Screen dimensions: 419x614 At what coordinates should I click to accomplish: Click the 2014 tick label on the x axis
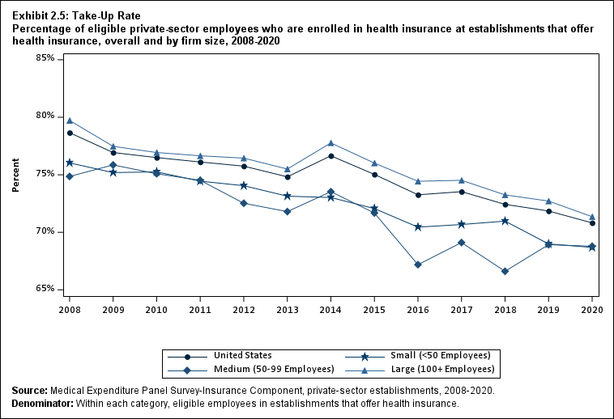(330, 308)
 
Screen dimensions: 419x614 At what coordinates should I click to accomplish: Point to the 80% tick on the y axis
(44, 116)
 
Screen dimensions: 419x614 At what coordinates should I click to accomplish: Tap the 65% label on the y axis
(44, 289)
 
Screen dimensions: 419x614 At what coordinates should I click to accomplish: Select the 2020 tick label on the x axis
(591, 308)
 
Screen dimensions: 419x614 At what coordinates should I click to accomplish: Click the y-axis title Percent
(16, 174)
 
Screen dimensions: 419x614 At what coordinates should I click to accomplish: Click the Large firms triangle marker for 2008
(70, 121)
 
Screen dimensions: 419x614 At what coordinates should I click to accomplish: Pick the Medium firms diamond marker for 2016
(417, 265)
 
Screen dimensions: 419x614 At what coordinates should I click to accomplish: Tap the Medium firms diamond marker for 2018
(505, 271)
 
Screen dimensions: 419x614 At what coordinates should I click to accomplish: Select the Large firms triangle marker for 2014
(330, 143)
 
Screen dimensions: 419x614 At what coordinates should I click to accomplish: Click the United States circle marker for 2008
(70, 133)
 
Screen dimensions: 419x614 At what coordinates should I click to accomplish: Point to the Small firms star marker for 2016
(417, 226)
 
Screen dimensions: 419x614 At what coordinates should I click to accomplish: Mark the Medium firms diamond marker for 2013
(287, 212)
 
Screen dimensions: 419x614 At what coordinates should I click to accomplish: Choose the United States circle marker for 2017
(461, 192)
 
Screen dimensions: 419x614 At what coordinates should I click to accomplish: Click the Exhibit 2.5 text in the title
(40, 15)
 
